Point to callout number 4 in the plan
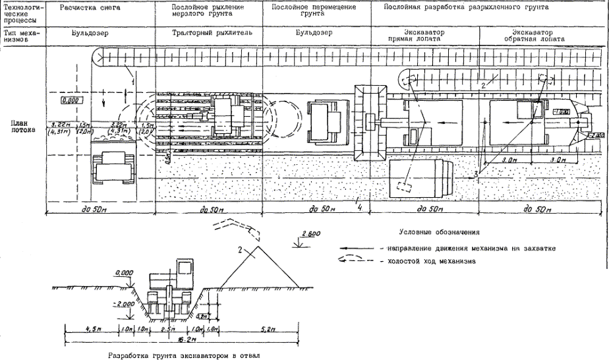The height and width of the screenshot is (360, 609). coord(360,207)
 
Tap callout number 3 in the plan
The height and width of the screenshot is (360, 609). coord(474,173)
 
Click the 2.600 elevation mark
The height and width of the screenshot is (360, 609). coord(311,234)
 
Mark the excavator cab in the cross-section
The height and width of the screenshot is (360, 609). coord(184,268)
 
